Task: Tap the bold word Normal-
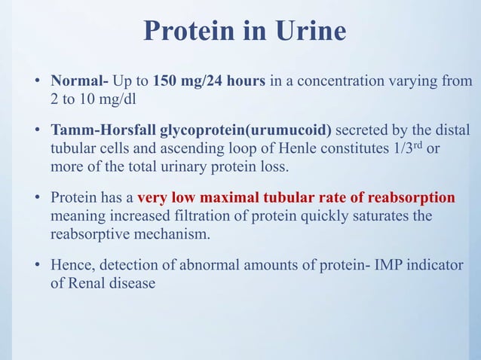point(79,80)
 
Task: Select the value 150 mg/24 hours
point(209,80)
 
